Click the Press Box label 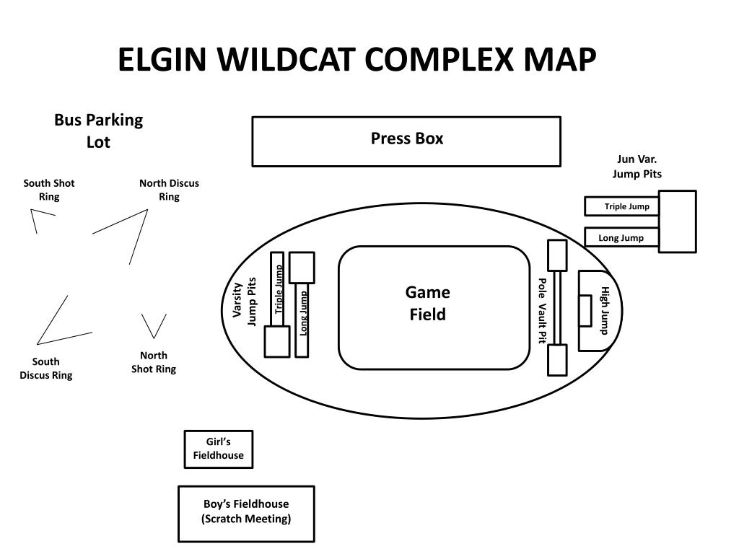tap(407, 138)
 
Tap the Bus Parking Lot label tap(98, 131)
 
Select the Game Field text tap(428, 303)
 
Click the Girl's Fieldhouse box tap(219, 449)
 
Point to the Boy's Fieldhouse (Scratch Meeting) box tap(246, 512)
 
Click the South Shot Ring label tap(49, 190)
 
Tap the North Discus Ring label tap(169, 190)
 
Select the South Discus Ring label tap(46, 368)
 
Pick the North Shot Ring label tap(153, 362)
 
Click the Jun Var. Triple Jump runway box tap(621, 206)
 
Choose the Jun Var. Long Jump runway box tap(621, 237)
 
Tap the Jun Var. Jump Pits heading tap(637, 167)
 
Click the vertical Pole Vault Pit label tap(542, 310)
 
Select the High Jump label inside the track tap(605, 310)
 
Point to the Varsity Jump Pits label tap(245, 301)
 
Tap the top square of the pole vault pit tap(557, 255)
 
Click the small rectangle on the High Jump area tap(585, 310)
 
